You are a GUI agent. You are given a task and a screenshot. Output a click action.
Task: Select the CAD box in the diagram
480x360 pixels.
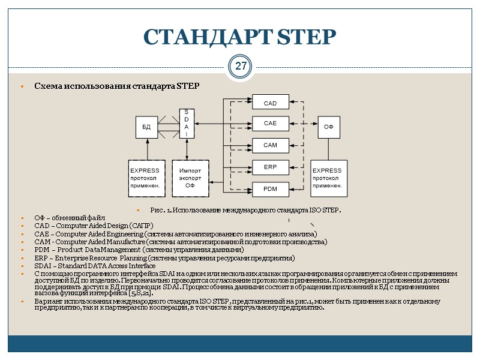pyautogui.click(x=270, y=103)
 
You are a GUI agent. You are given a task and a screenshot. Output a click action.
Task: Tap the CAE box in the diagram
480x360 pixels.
pyautogui.click(x=270, y=123)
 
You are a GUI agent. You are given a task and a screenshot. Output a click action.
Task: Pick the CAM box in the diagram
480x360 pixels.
pyautogui.click(x=270, y=145)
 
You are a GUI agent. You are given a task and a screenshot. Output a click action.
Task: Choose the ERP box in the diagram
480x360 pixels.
pyautogui.click(x=270, y=167)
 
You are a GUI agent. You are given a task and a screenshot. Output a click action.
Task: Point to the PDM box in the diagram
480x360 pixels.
pyautogui.click(x=270, y=189)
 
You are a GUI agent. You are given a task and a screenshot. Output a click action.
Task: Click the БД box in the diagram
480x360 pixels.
pyautogui.click(x=146, y=127)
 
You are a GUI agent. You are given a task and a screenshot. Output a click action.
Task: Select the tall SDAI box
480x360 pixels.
pyautogui.click(x=186, y=124)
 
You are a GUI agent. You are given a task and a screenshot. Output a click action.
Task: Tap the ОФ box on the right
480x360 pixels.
pyautogui.click(x=328, y=127)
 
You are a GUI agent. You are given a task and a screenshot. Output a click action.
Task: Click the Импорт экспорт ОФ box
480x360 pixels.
pyautogui.click(x=190, y=178)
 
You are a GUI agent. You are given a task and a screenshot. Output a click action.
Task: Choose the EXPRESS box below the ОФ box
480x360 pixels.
pyautogui.click(x=328, y=178)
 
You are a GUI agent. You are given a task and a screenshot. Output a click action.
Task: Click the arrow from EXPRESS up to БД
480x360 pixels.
pyautogui.click(x=146, y=149)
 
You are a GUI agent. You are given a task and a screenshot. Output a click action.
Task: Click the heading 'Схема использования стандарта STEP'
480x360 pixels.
pyautogui.click(x=116, y=86)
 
